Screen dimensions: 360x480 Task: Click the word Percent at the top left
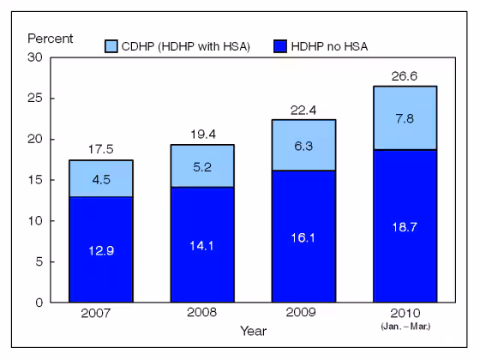tap(50, 39)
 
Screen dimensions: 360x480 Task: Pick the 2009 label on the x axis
tap(304, 315)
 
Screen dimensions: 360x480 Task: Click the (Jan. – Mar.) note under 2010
tap(404, 327)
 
